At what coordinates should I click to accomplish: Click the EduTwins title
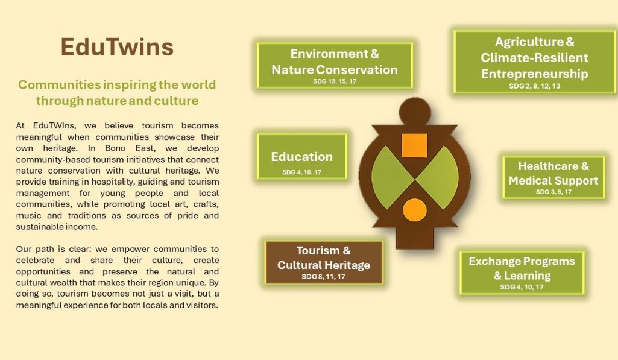click(117, 47)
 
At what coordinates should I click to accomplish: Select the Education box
click(302, 157)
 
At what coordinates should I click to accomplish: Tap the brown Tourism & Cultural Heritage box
click(324, 262)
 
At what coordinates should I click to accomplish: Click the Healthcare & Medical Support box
click(553, 177)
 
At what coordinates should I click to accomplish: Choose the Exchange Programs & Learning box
click(522, 273)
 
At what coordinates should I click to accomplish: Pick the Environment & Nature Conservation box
click(335, 66)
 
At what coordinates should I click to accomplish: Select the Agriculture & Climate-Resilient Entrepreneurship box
click(534, 62)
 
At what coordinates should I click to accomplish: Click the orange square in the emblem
click(414, 145)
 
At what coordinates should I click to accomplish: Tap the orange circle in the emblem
click(415, 210)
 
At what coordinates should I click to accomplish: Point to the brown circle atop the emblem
click(415, 112)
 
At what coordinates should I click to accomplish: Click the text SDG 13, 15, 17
click(335, 81)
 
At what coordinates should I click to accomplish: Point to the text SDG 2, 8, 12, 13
click(534, 86)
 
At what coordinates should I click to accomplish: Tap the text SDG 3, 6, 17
click(553, 192)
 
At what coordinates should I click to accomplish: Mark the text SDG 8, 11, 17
click(324, 276)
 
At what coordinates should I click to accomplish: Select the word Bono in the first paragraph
click(115, 148)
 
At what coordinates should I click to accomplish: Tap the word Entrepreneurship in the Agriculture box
click(534, 74)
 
